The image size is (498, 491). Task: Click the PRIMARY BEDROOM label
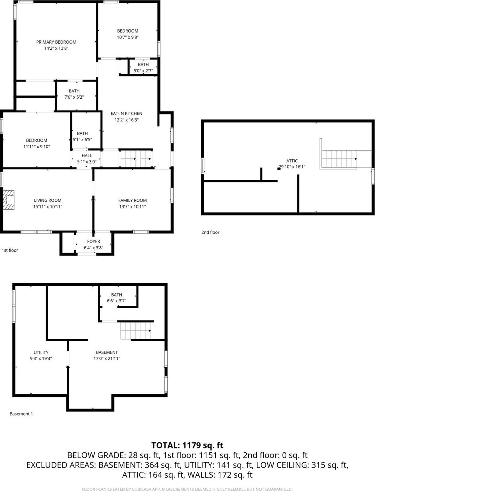(x=56, y=42)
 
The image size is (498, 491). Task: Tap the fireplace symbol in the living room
(x=9, y=200)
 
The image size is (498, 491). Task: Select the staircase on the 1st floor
(x=136, y=158)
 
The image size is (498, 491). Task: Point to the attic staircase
(x=339, y=159)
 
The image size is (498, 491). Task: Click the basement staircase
(x=136, y=331)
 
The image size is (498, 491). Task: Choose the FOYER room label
(x=93, y=241)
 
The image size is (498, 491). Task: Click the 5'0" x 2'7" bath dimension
(x=143, y=71)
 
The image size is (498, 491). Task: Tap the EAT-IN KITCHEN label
(x=126, y=113)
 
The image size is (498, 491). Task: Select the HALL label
(x=87, y=155)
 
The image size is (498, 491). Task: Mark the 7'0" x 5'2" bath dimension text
(x=74, y=97)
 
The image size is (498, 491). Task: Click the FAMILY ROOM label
(x=132, y=200)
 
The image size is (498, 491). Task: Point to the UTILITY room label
(x=41, y=352)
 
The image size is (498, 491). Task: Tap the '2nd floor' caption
(x=210, y=232)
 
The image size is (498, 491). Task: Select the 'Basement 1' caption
(x=21, y=414)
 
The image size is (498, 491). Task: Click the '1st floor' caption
(x=10, y=250)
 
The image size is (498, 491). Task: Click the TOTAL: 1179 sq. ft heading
(x=187, y=445)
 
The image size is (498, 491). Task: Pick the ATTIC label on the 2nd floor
(x=292, y=161)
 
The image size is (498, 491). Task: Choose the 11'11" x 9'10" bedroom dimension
(x=37, y=147)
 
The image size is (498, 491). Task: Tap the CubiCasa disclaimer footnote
(x=187, y=489)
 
